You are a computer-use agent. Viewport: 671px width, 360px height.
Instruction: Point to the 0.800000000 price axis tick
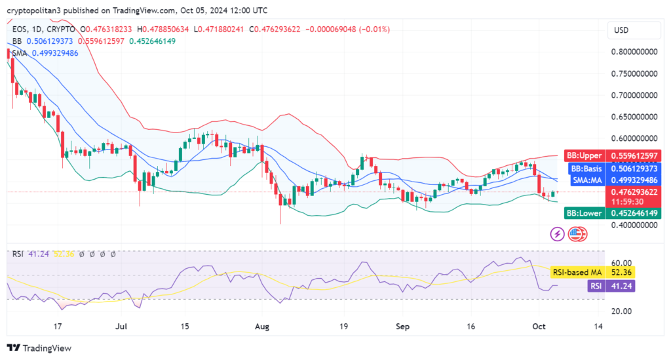click(x=634, y=52)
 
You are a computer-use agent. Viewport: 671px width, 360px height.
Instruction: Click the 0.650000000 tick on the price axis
click(x=634, y=117)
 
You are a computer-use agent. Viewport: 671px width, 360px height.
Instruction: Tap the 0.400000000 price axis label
click(x=634, y=226)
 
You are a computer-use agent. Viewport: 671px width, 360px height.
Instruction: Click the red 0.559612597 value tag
click(x=634, y=155)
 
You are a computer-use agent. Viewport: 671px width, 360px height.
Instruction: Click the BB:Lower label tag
click(x=584, y=213)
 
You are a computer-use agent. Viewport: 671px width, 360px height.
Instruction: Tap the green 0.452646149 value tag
click(x=634, y=213)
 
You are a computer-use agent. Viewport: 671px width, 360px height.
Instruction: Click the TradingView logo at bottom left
click(x=39, y=348)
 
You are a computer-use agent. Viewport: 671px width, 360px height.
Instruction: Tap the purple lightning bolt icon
click(x=558, y=233)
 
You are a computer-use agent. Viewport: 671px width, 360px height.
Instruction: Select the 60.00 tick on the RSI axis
click(x=620, y=263)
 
